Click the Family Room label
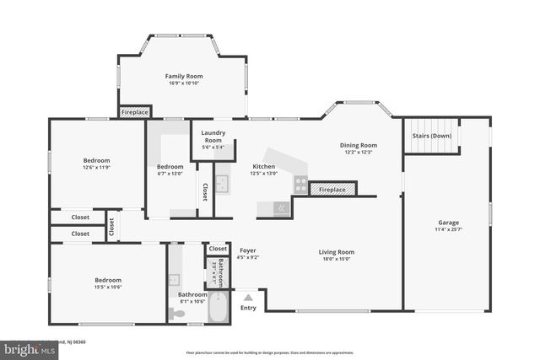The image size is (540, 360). (183, 76)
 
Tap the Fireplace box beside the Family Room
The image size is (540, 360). (135, 112)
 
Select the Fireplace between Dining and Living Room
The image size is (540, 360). (331, 190)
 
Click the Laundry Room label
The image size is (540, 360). (213, 137)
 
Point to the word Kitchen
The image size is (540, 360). (264, 167)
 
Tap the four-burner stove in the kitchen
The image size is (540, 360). (300, 185)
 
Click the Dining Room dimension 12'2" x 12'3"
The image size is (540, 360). (358, 153)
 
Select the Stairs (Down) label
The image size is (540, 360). (431, 136)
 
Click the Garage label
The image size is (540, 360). (448, 222)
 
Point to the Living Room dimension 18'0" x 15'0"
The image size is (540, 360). (336, 260)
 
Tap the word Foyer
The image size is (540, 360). (248, 250)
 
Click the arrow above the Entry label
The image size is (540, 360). (248, 296)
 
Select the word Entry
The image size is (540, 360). (248, 307)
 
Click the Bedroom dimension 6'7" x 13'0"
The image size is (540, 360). (170, 175)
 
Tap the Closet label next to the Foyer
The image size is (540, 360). (218, 249)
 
